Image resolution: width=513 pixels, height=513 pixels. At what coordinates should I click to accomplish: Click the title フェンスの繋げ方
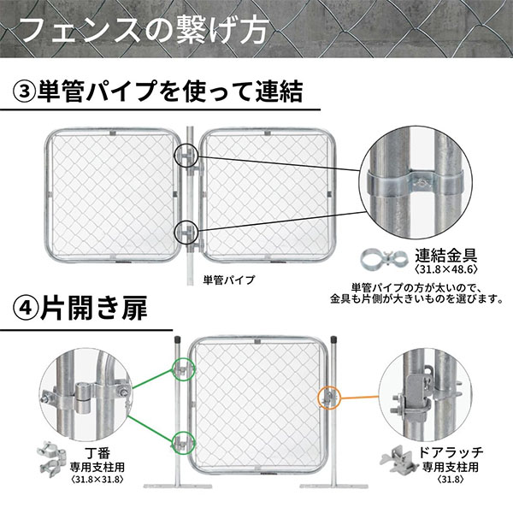(144, 31)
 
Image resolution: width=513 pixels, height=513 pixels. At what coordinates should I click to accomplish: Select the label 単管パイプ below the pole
(228, 280)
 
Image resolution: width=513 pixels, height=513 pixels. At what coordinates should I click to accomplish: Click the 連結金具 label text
(446, 256)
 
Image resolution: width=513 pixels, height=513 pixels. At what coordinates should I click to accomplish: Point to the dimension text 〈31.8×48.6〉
(445, 269)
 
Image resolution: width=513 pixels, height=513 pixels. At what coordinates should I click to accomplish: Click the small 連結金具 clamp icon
(383, 259)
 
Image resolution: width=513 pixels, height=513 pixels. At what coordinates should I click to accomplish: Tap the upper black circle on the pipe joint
(186, 156)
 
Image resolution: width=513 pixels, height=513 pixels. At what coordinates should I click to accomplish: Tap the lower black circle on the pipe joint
(186, 232)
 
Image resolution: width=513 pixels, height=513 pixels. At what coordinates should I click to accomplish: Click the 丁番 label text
(97, 453)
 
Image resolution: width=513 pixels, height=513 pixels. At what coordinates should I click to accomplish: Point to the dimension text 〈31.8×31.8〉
(97, 480)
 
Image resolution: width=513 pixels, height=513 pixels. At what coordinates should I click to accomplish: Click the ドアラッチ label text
(451, 452)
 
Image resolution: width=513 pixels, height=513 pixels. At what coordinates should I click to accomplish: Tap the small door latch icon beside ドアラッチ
(399, 460)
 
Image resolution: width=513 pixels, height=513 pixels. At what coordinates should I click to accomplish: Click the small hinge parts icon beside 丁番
(51, 459)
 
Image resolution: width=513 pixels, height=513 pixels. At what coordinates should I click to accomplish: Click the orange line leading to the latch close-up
(360, 398)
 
